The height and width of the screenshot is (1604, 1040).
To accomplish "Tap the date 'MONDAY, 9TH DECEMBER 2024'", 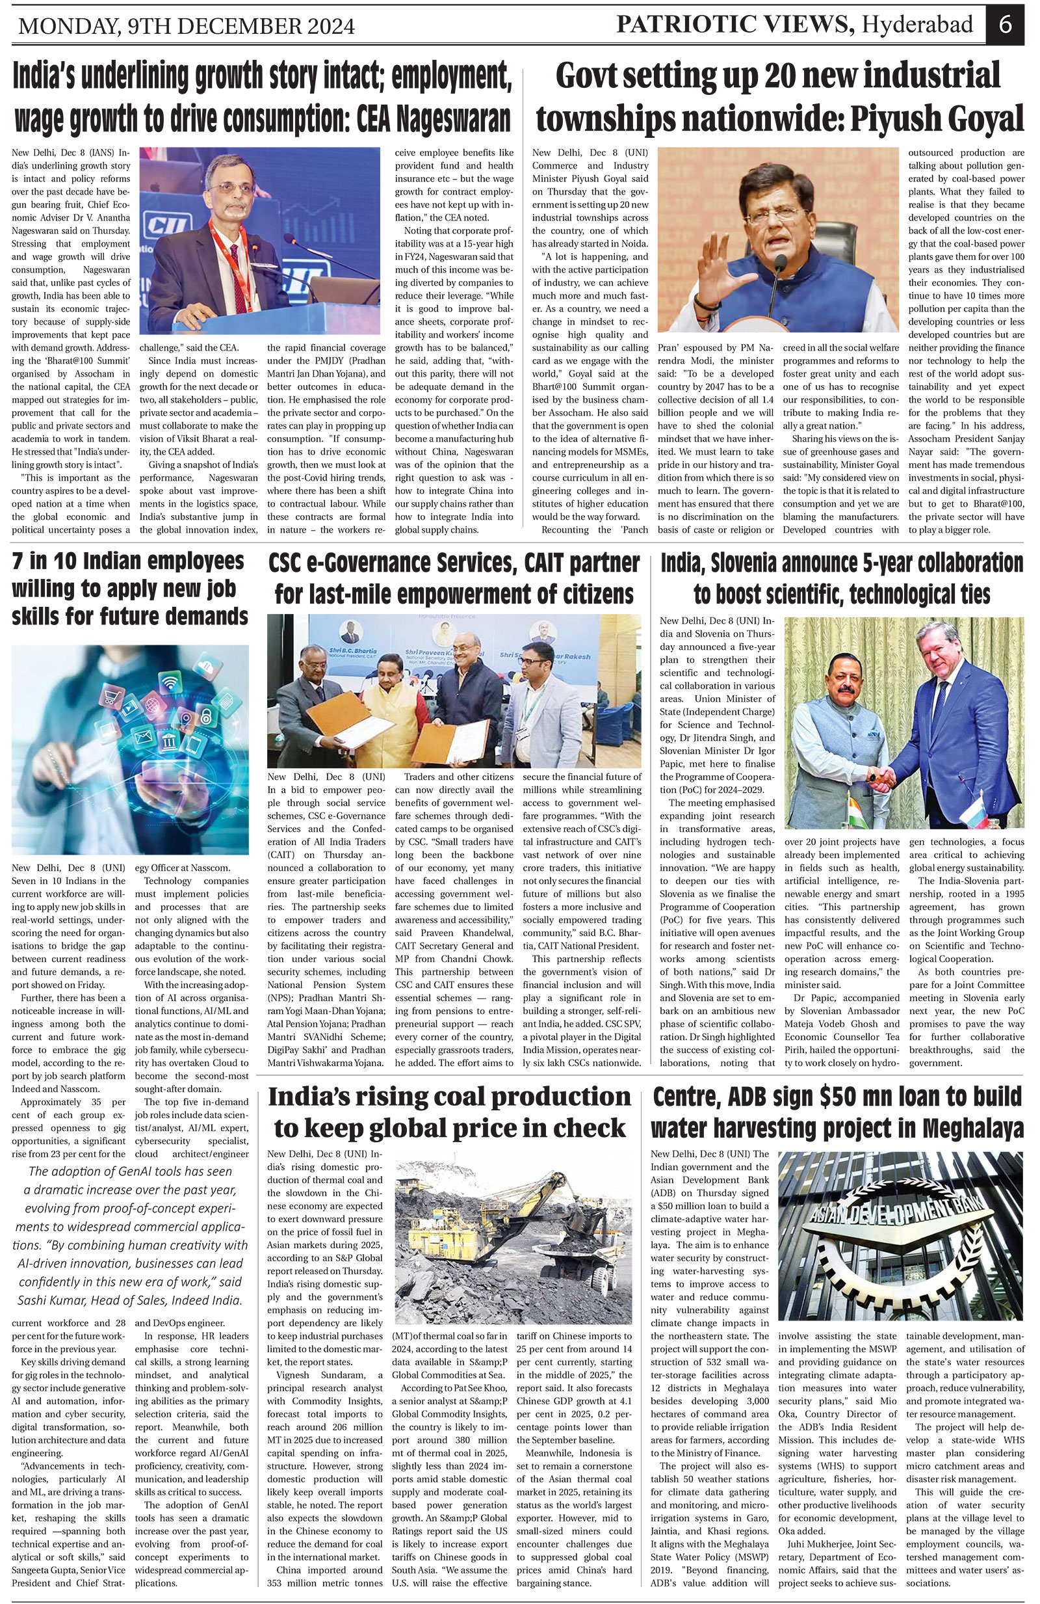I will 187,25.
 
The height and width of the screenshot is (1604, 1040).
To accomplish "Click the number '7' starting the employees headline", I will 18,561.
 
